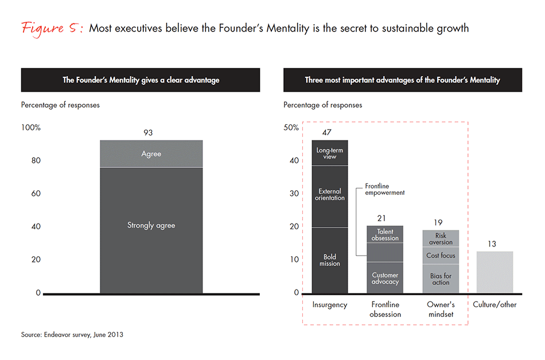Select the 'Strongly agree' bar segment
point(151,229)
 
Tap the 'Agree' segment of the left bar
point(151,154)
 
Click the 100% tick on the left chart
point(31,128)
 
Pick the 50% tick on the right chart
point(291,128)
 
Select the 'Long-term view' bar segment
point(330,153)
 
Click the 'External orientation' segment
point(330,195)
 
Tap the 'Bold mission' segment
point(330,260)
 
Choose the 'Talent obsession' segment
point(384,234)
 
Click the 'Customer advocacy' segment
point(384,278)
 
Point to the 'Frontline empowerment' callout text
point(384,190)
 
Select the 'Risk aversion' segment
point(441,238)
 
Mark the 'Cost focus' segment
point(441,255)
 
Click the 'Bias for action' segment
point(441,279)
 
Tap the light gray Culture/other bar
point(495,272)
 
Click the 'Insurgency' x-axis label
point(330,305)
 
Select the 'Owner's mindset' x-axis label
point(441,310)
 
